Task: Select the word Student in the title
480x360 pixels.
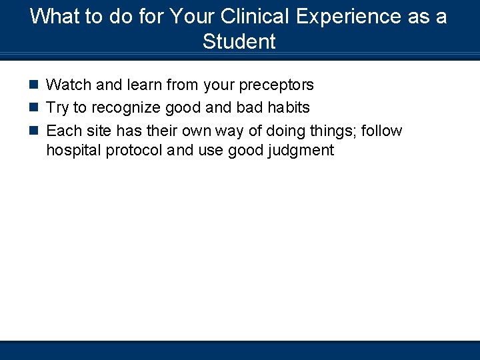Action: pyautogui.click(x=239, y=41)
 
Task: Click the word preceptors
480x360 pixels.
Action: pyautogui.click(x=270, y=85)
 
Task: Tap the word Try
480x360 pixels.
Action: pyautogui.click(x=57, y=107)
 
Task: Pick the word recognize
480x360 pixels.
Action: pyautogui.click(x=125, y=108)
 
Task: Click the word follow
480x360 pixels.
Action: pyautogui.click(x=382, y=130)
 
